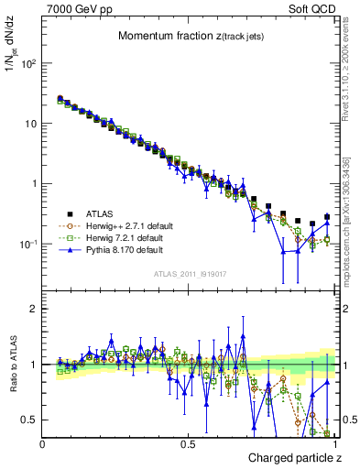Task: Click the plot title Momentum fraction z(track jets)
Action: (190, 37)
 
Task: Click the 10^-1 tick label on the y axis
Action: (27, 244)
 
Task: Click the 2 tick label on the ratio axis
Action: (33, 309)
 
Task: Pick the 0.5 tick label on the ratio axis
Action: (29, 420)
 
